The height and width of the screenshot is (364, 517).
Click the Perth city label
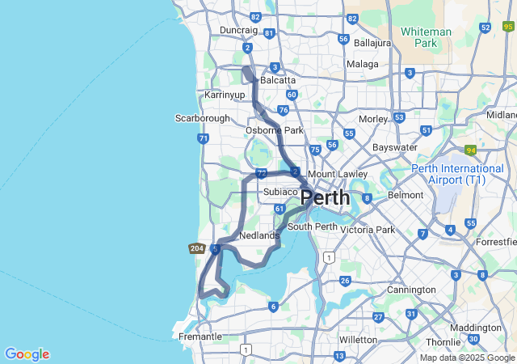click(326, 197)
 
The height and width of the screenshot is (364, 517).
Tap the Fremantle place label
click(200, 336)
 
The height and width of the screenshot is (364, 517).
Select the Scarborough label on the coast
click(203, 118)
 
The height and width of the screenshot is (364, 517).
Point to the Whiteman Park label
click(426, 37)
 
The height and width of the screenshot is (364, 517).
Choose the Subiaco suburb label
click(281, 192)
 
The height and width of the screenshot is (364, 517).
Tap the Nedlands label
click(260, 235)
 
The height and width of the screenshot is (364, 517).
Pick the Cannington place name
click(411, 290)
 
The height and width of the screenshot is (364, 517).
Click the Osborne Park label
click(275, 130)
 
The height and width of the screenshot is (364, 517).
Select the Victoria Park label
click(368, 230)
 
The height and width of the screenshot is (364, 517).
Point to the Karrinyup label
click(224, 95)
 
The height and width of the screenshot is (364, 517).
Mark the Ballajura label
click(372, 42)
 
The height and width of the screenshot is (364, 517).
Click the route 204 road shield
click(196, 248)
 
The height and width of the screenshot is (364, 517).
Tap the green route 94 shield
click(471, 150)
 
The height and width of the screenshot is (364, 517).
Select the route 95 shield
click(508, 27)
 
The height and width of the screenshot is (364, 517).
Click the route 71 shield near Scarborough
click(203, 138)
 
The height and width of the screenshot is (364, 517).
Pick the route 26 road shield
click(345, 281)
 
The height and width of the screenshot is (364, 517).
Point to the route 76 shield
click(283, 110)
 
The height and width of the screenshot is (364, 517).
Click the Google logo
click(27, 354)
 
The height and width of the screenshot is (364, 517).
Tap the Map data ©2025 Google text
click(467, 358)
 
